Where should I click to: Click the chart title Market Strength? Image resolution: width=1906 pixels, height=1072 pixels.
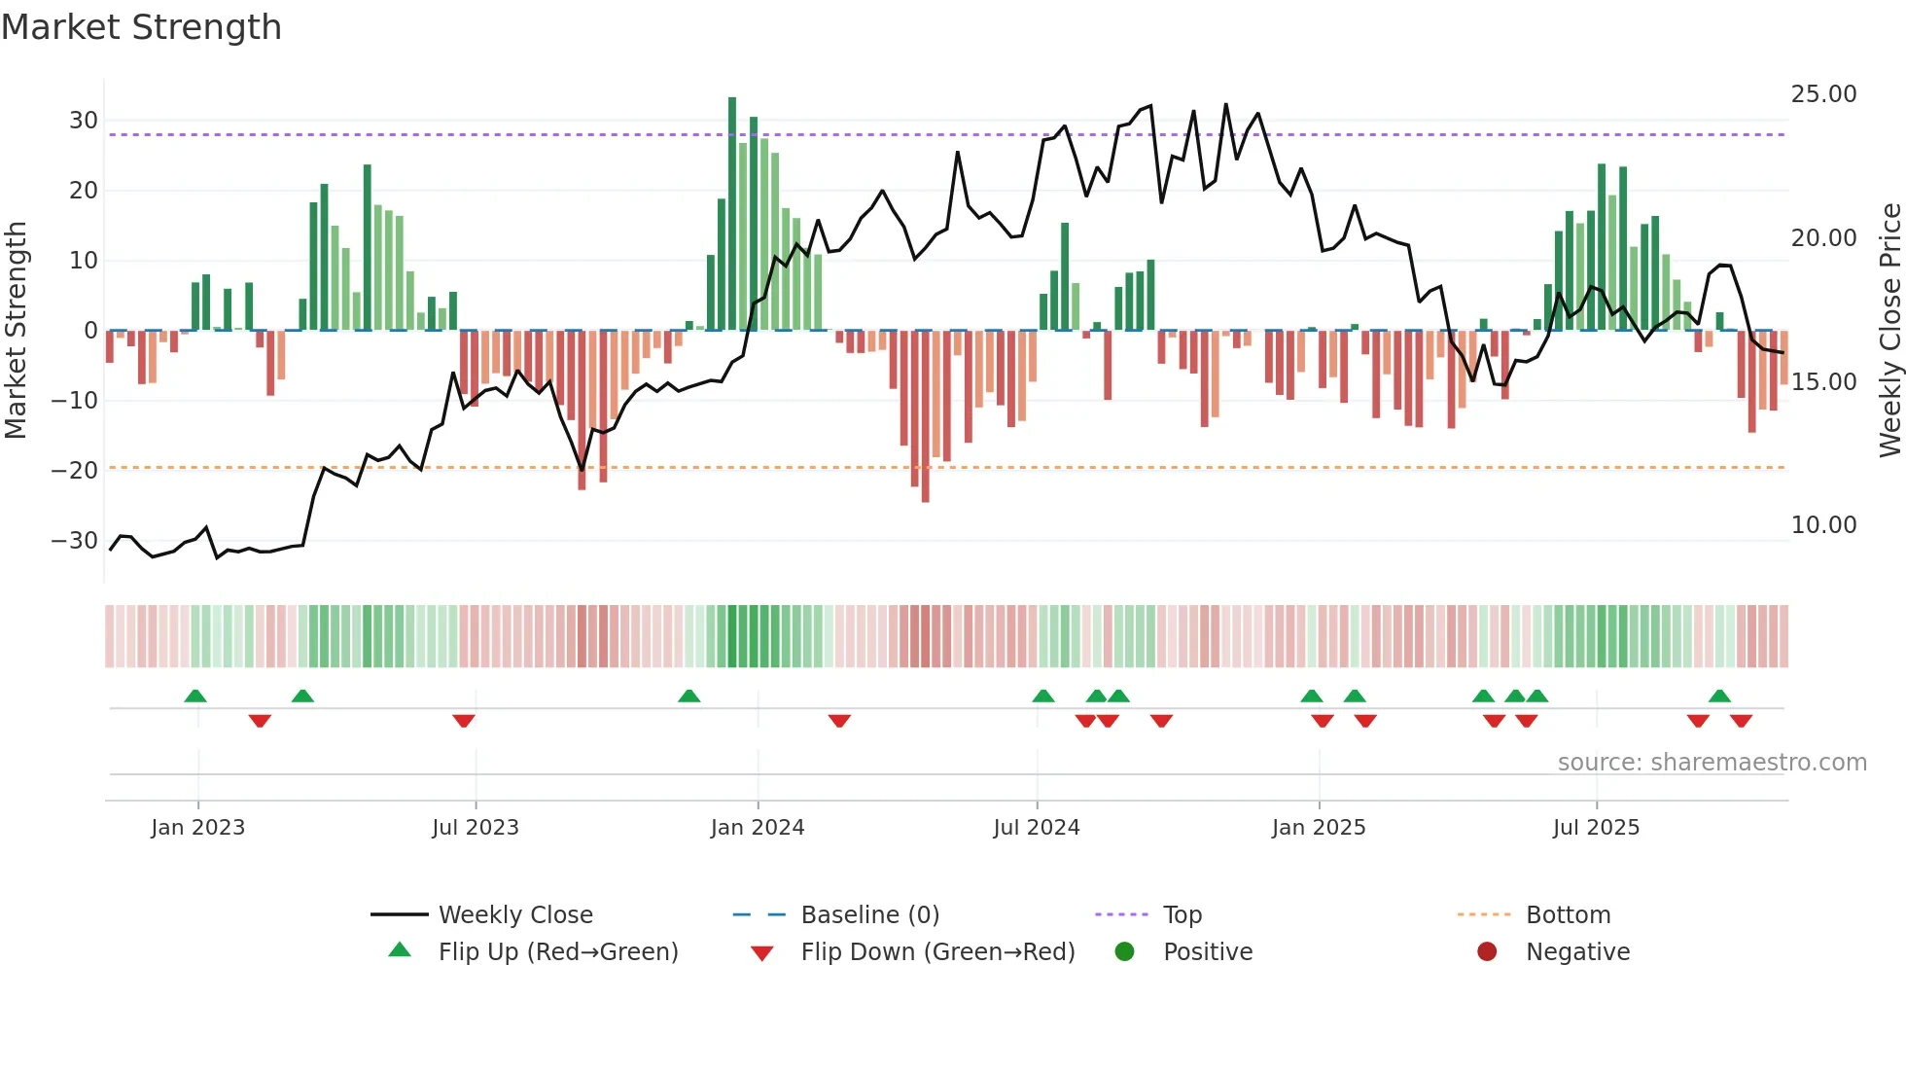tap(141, 27)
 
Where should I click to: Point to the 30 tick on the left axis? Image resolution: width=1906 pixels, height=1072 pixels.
tap(84, 121)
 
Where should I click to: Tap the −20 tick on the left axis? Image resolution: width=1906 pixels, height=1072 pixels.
tap(76, 471)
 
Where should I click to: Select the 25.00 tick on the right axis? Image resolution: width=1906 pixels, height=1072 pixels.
tap(1823, 94)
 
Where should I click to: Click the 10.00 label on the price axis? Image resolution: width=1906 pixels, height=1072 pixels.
tap(1823, 525)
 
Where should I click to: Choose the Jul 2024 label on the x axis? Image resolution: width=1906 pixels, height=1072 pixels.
tap(1037, 828)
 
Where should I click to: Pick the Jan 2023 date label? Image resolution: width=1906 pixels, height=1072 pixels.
tap(198, 828)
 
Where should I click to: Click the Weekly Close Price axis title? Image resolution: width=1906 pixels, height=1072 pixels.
tap(1889, 331)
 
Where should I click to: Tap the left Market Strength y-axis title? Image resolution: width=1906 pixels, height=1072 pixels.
tap(16, 331)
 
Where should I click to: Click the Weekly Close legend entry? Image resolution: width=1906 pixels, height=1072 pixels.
tap(514, 915)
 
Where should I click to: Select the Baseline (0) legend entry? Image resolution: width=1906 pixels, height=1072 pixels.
tap(869, 915)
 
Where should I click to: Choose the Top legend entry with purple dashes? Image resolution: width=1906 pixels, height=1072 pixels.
tap(1182, 915)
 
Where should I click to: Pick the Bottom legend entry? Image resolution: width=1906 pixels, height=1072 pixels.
tap(1568, 915)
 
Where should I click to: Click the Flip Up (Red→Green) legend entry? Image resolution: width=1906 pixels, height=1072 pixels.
tap(557, 952)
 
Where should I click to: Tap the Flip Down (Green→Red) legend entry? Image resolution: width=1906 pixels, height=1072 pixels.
tap(937, 952)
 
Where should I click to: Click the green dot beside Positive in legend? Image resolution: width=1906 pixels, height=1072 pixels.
tap(1125, 952)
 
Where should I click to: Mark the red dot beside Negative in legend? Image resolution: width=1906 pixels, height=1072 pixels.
tap(1487, 952)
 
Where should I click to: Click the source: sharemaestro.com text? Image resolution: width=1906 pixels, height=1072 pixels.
tap(1712, 763)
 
